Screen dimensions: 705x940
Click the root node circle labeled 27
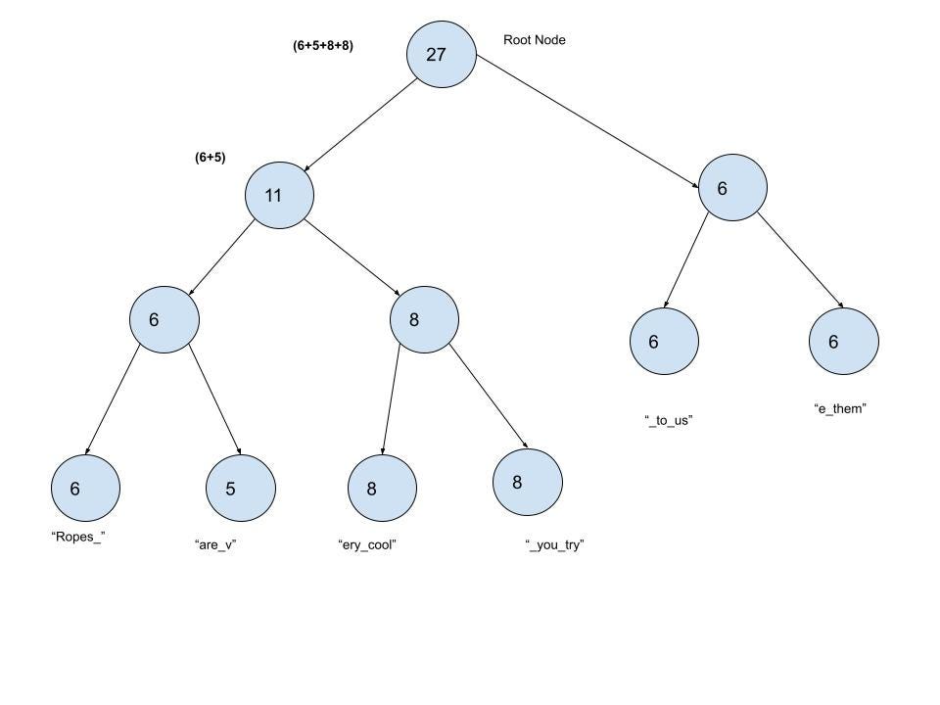pyautogui.click(x=442, y=55)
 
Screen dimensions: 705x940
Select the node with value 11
pyautogui.click(x=279, y=195)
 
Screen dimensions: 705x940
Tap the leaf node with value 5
pyautogui.click(x=240, y=488)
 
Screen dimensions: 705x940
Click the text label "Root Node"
pyautogui.click(x=534, y=40)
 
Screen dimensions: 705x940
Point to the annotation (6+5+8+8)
pyautogui.click(x=322, y=45)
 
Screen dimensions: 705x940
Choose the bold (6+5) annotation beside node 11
pyautogui.click(x=210, y=157)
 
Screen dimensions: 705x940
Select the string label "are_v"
pyautogui.click(x=216, y=545)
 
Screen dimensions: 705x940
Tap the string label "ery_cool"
pyautogui.click(x=366, y=545)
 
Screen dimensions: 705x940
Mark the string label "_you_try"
pyautogui.click(x=554, y=545)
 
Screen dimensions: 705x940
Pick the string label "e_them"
pyautogui.click(x=840, y=408)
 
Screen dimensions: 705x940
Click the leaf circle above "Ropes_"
pyautogui.click(x=85, y=488)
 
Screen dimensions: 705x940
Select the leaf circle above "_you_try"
pyautogui.click(x=528, y=482)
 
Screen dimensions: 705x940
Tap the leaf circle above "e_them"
pyautogui.click(x=843, y=342)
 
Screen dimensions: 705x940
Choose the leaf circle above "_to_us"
pyautogui.click(x=664, y=342)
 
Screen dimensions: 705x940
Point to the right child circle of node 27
pyautogui.click(x=732, y=188)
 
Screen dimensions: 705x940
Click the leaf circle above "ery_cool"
pyautogui.click(x=382, y=488)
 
